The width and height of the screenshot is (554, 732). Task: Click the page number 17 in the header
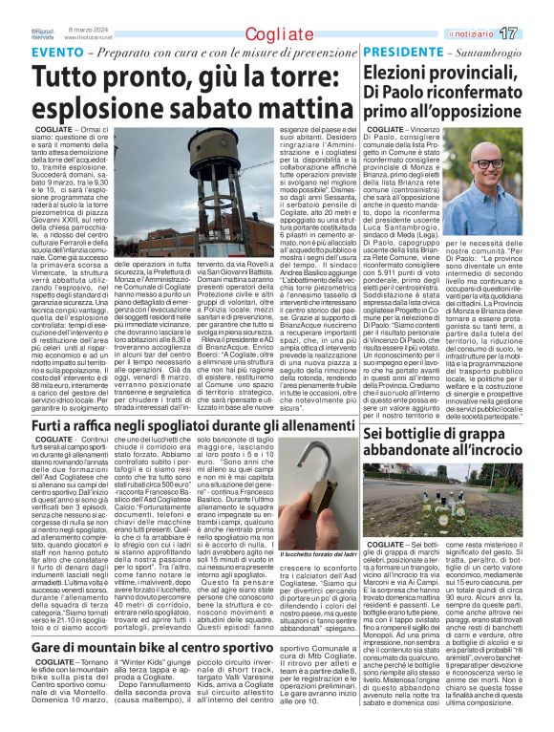[535, 33]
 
